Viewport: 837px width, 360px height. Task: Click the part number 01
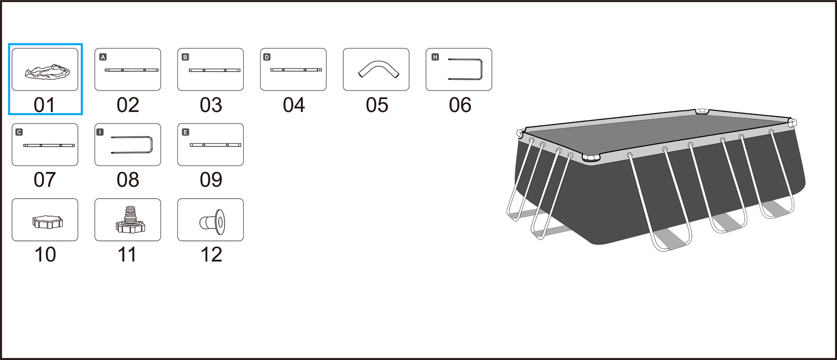coord(44,105)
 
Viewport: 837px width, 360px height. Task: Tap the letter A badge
coord(103,57)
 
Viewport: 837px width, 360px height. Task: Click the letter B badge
coord(185,57)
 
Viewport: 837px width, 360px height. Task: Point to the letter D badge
coord(267,57)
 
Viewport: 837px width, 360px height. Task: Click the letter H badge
coord(435,57)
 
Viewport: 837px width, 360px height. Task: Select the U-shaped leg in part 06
coord(467,70)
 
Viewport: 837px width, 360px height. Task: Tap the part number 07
coord(44,179)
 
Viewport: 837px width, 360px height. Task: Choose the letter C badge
coord(19,132)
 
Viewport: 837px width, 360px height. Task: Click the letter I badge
coord(100,132)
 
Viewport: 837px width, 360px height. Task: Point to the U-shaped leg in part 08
coord(134,145)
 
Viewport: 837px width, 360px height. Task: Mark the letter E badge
coord(185,132)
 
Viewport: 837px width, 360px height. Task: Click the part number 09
coord(211,179)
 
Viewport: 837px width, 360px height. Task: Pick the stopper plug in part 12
coord(213,220)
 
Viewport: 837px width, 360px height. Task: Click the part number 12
coord(211,255)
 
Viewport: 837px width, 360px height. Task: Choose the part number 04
coord(293,105)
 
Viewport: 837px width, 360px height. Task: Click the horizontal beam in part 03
coord(214,70)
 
